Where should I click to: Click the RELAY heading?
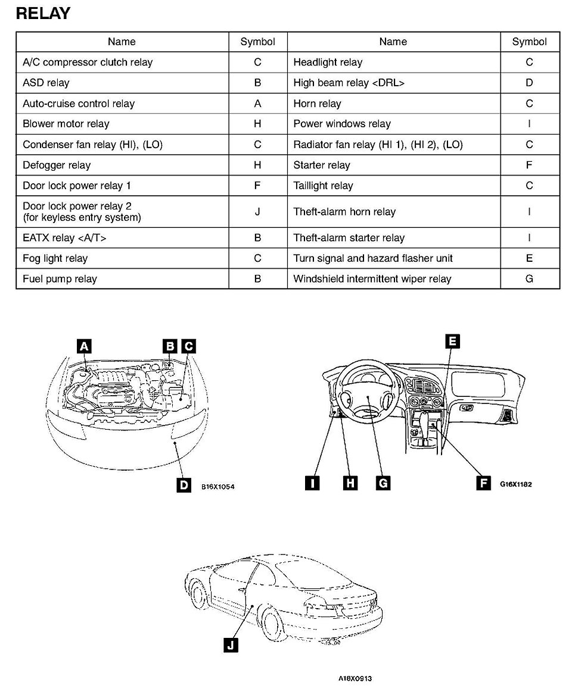pos(43,14)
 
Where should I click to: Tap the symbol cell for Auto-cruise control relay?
pos(257,104)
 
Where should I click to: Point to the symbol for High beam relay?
pos(529,83)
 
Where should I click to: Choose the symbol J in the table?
pos(257,212)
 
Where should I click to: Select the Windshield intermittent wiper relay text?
pos(372,279)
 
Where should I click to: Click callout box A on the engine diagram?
pos(84,346)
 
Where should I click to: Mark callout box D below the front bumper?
pos(184,485)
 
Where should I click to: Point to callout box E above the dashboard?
pos(452,341)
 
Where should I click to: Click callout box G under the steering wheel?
pos(383,483)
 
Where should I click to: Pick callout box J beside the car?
pos(231,644)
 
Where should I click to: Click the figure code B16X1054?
pos(218,486)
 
